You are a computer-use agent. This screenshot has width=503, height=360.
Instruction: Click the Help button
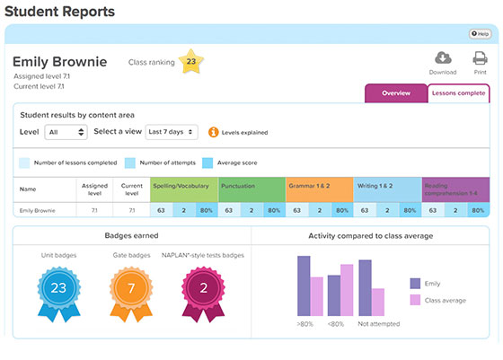479,34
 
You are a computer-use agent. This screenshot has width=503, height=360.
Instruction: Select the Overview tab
395,93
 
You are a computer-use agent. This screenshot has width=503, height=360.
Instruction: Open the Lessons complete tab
458,93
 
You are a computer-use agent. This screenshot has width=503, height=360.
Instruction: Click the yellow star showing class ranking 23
190,62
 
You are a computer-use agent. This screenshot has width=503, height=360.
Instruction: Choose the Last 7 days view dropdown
171,132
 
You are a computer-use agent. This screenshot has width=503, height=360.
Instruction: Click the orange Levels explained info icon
214,132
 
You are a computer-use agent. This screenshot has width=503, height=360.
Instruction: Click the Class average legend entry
440,300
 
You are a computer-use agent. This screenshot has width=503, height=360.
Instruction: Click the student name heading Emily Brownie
59,62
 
